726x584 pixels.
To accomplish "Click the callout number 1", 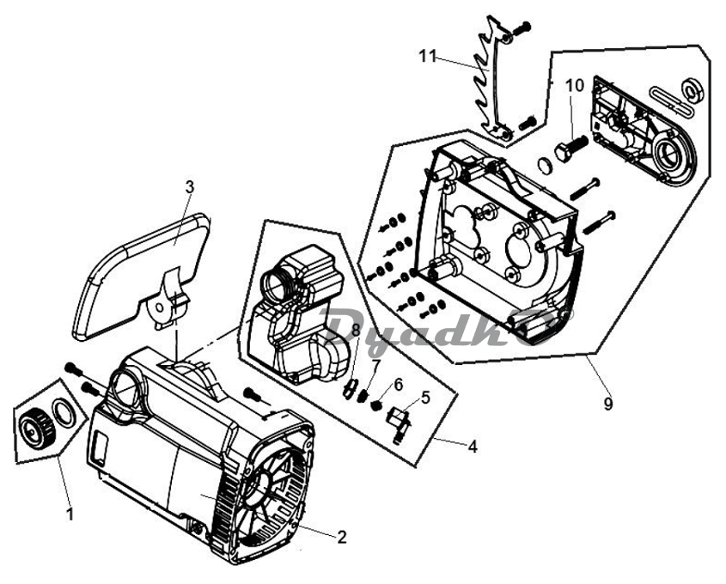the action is tap(70, 514).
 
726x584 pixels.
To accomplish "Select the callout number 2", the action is tap(341, 538).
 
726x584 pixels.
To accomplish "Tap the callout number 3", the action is tap(189, 187).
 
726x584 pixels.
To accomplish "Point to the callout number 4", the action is tap(472, 447).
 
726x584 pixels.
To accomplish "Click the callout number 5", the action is tap(425, 397).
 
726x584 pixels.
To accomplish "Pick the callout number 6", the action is tap(398, 384).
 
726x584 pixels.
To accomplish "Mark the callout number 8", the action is tap(356, 330).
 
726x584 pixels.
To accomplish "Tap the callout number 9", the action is tap(608, 404).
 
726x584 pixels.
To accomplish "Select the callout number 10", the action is tap(575, 86).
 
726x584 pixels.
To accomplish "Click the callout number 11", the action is tap(427, 57).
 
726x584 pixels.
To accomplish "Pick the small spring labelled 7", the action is tap(363, 396).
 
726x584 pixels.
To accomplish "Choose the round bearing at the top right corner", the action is tap(693, 90).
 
